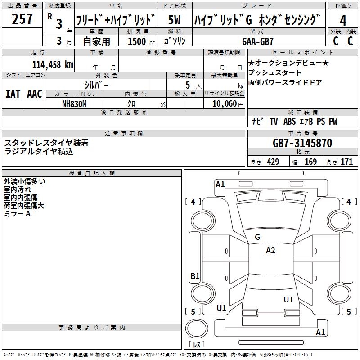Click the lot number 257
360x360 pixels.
click(22, 19)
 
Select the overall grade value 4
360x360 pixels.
click(343, 20)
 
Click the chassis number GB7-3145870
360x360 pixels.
click(302, 143)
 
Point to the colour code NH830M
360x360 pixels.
click(74, 103)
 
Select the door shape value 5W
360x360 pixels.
click(175, 20)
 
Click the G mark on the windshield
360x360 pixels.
click(257, 237)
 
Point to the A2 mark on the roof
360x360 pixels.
click(270, 251)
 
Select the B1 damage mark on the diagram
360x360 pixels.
click(195, 276)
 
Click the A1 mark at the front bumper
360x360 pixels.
click(220, 184)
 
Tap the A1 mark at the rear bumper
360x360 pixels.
click(320, 333)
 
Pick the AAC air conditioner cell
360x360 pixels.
click(35, 94)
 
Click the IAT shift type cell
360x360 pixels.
click(13, 94)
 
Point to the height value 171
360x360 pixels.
click(346, 162)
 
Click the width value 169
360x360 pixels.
click(310, 162)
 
